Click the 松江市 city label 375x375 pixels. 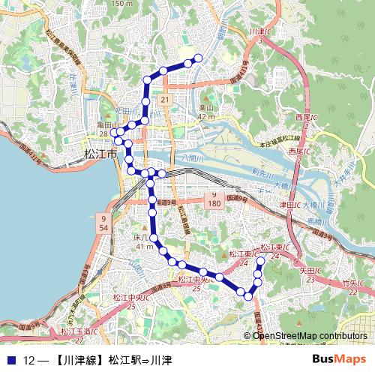(x=100, y=153)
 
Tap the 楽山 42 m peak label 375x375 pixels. (x=206, y=112)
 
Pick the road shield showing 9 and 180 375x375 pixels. (x=214, y=198)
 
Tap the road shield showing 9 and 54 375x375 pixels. (x=103, y=222)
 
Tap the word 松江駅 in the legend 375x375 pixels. (x=124, y=360)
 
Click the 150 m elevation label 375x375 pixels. (x=122, y=4)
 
